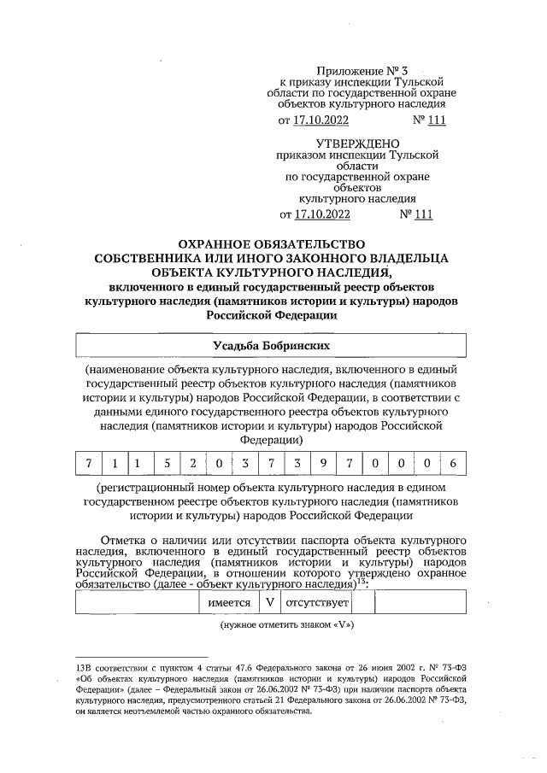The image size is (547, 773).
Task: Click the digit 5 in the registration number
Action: [168, 464]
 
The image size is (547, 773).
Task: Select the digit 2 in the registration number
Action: [193, 464]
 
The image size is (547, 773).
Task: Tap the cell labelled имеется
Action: [230, 602]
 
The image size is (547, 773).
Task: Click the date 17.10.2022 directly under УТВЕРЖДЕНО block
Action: [321, 214]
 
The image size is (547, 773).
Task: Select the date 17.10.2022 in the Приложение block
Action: [321, 120]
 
